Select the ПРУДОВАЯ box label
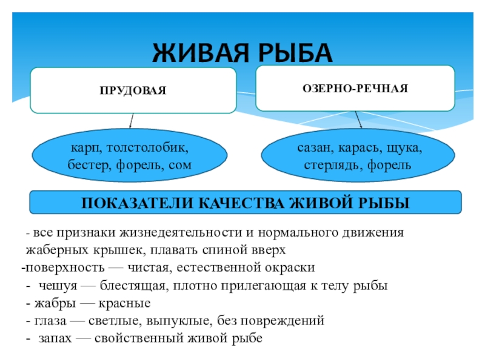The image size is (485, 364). click(x=133, y=90)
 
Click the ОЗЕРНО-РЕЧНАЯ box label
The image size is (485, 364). click(x=355, y=89)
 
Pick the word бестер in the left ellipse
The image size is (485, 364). click(x=87, y=164)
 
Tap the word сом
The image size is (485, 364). click(x=179, y=164)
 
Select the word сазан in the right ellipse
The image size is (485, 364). click(x=313, y=147)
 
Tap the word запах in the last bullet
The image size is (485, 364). click(x=56, y=338)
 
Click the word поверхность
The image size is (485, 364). click(x=55, y=268)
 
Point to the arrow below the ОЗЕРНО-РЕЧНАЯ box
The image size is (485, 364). click(x=359, y=120)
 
